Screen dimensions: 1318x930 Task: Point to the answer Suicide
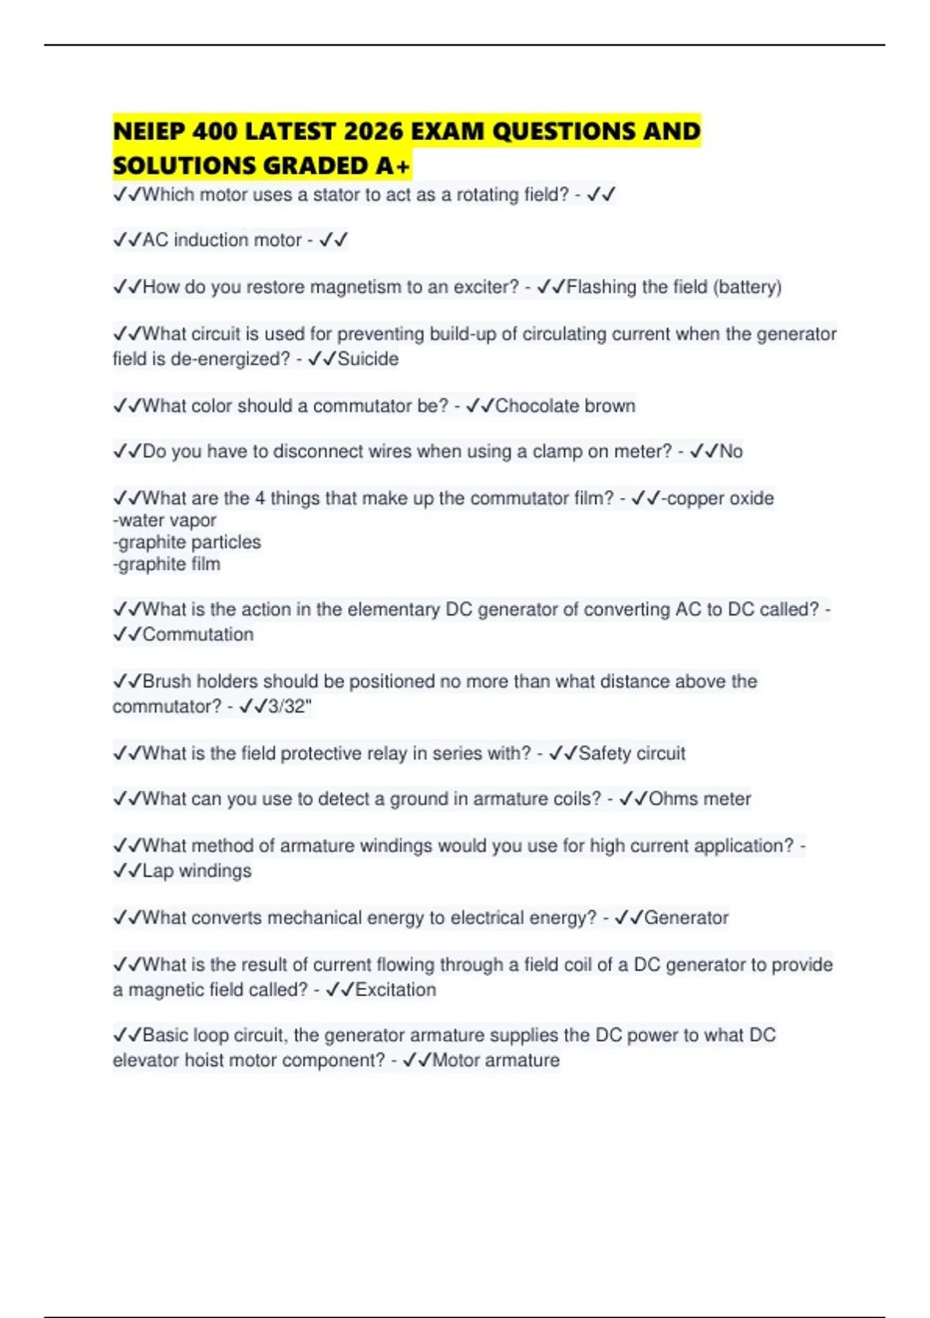click(368, 359)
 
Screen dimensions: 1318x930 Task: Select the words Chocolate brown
click(565, 405)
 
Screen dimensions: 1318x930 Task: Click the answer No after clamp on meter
click(731, 451)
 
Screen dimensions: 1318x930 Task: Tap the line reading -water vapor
click(164, 520)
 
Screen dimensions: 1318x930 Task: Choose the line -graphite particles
click(187, 542)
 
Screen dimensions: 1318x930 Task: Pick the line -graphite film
click(167, 564)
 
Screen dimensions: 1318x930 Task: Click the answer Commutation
click(198, 634)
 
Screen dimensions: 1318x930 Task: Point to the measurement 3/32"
click(289, 706)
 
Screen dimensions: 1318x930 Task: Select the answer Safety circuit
click(632, 753)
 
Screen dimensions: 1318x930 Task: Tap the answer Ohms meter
click(700, 799)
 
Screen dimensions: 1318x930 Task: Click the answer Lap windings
click(197, 871)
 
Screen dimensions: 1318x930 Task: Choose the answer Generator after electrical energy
click(686, 918)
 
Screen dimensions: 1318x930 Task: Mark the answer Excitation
click(395, 989)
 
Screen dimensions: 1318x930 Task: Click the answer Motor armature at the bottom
click(495, 1060)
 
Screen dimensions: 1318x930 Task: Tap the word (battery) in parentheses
click(747, 287)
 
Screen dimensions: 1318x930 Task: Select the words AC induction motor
click(222, 240)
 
